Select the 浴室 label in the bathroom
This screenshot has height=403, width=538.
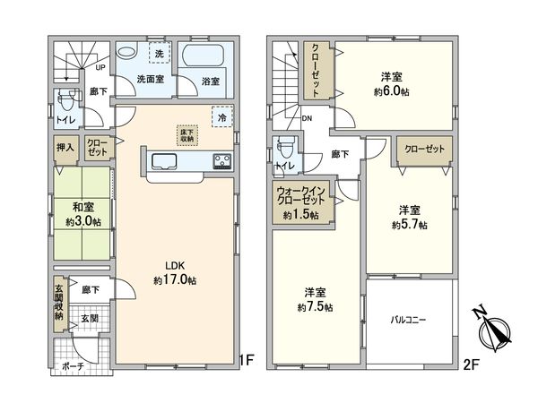click(212, 81)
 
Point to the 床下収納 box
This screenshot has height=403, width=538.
click(186, 133)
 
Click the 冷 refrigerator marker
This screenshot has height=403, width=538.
click(221, 116)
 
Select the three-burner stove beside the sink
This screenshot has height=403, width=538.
click(221, 161)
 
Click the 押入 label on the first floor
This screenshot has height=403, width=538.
click(66, 147)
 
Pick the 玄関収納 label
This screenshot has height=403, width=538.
click(58, 302)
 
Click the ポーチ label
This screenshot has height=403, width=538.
click(73, 367)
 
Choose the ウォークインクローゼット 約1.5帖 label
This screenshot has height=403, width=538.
click(302, 202)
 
